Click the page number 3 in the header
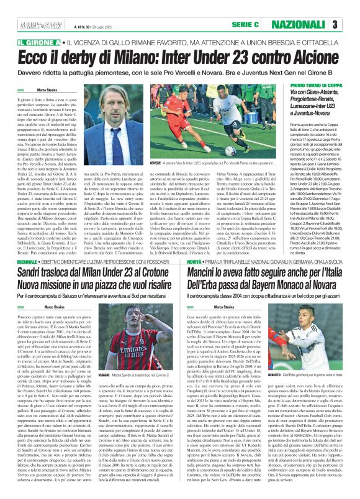(x=351, y=24)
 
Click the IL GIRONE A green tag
(x=37, y=42)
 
